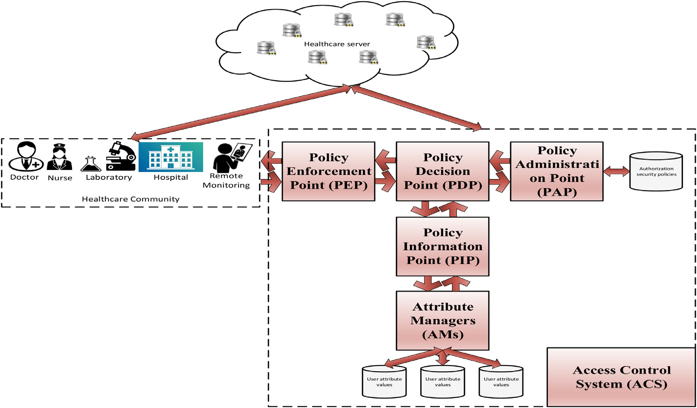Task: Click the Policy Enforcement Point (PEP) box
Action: [x=328, y=171]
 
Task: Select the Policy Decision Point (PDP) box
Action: [x=442, y=171]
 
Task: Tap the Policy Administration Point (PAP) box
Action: [x=556, y=171]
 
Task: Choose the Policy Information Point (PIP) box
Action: [x=442, y=246]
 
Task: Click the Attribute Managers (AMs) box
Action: [x=442, y=321]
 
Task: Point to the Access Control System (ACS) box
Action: [x=621, y=377]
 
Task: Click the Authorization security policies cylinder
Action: [x=656, y=172]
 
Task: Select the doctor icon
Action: [x=26, y=156]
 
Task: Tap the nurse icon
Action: [x=60, y=157]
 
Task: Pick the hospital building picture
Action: [x=171, y=157]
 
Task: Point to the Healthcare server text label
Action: [x=337, y=44]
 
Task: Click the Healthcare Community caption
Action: [x=130, y=199]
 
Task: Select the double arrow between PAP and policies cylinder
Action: [x=616, y=171]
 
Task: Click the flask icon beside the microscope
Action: [x=91, y=164]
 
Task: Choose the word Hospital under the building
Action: [x=171, y=177]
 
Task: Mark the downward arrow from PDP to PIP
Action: [x=425, y=209]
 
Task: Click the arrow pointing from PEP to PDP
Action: [x=385, y=183]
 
